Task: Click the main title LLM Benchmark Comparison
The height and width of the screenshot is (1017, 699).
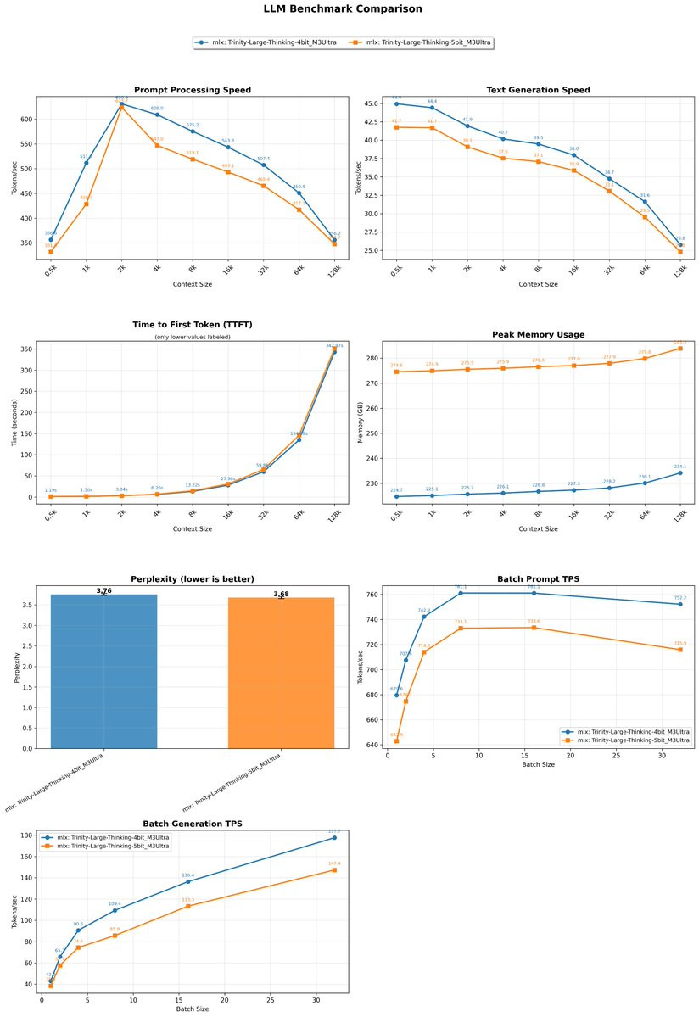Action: coord(349,9)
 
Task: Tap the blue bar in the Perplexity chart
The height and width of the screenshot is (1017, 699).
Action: coord(104,671)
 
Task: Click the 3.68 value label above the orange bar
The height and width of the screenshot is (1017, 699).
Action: coord(281,595)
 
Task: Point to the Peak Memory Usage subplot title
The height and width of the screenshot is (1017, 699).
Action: coord(538,335)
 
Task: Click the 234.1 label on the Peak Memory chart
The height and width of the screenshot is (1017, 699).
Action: coord(680,467)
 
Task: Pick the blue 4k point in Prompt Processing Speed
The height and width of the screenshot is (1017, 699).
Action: coord(157,115)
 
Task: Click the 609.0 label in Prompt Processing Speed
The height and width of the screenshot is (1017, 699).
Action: coord(157,109)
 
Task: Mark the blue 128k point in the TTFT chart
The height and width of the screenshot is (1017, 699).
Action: coord(334,351)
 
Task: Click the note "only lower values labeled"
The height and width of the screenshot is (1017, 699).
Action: coord(193,338)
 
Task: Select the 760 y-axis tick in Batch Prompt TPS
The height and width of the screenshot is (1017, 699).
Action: coord(372,595)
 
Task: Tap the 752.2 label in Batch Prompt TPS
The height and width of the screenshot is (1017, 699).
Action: coord(680,597)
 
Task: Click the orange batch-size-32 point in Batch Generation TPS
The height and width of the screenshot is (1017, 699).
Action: coord(334,869)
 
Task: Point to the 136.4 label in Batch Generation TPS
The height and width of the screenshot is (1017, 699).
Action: coord(187,875)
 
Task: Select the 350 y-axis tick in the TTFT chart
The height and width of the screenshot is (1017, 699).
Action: coord(25,349)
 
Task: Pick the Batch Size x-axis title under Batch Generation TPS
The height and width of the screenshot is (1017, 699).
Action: coord(193,1009)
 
